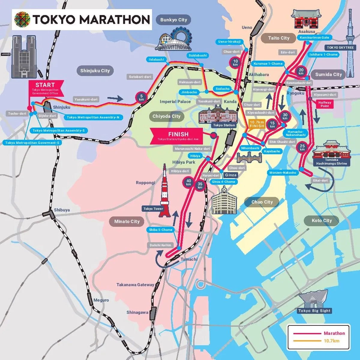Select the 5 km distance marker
pyautogui.click(x=142, y=98)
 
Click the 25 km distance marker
pyautogui.click(x=302, y=147)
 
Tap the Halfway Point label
pyautogui.click(x=325, y=104)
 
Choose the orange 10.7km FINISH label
pyautogui.click(x=257, y=124)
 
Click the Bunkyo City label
pyautogui.click(x=173, y=20)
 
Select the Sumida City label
pyautogui.click(x=328, y=74)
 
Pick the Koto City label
pyautogui.click(x=322, y=220)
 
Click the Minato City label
pyautogui.click(x=127, y=221)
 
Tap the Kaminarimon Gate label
pyautogui.click(x=314, y=37)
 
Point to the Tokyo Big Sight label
pyautogui.click(x=314, y=310)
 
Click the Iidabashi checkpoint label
pyautogui.click(x=157, y=59)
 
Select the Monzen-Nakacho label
pyautogui.click(x=283, y=172)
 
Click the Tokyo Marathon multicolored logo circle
pyautogui.click(x=22, y=20)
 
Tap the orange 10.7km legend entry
pyautogui.click(x=331, y=341)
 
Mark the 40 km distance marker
pyautogui.click(x=188, y=182)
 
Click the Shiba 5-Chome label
pyautogui.click(x=160, y=230)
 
